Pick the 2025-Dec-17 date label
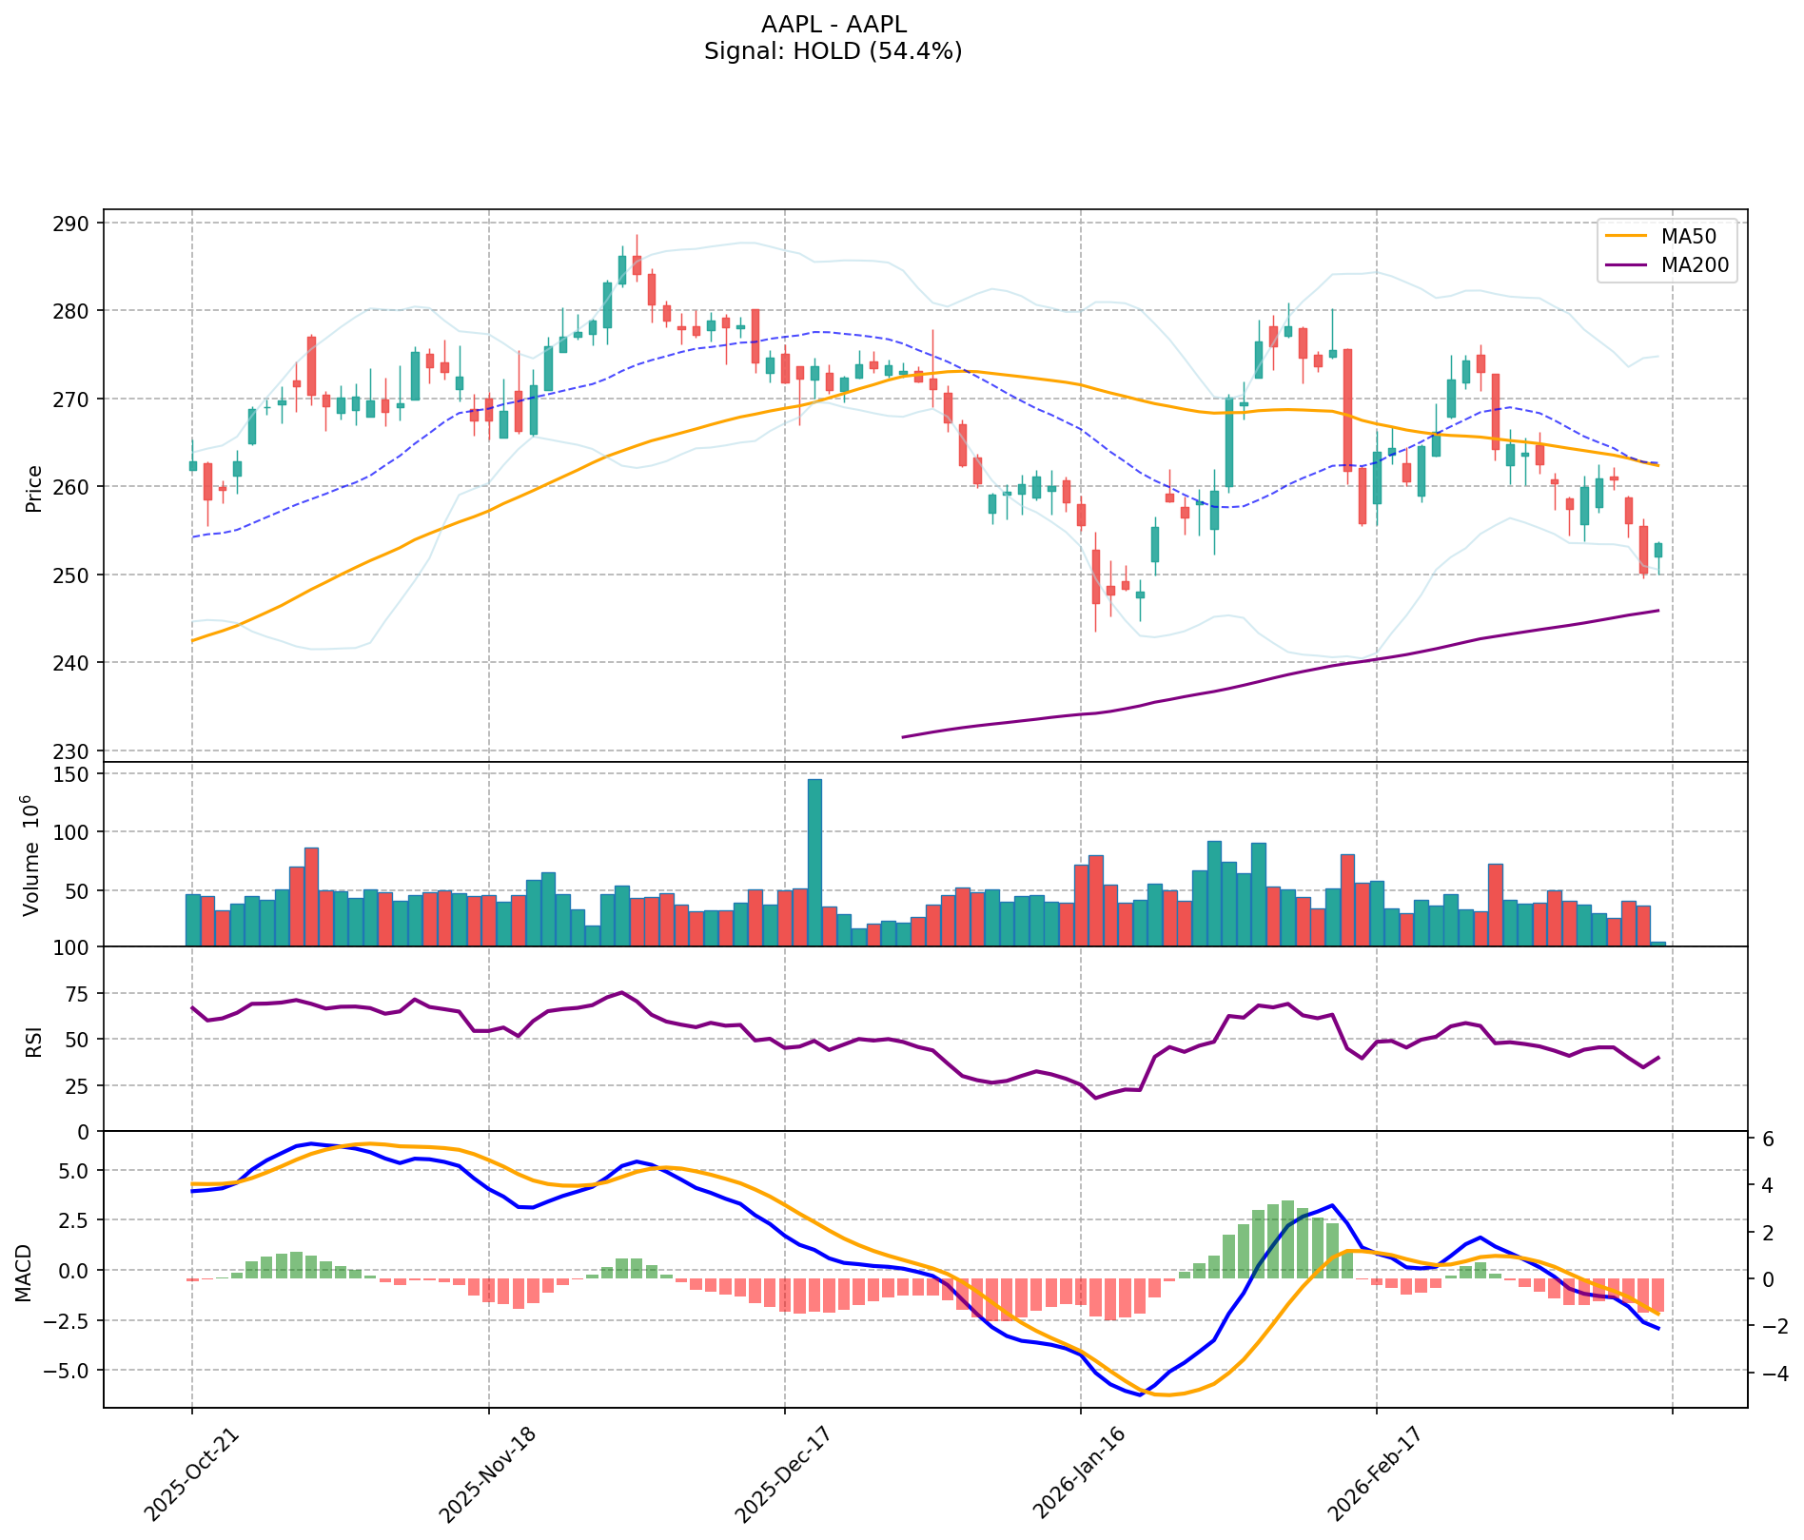tap(781, 1473)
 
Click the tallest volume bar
tap(814, 862)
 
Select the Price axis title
tap(34, 488)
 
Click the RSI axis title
tap(34, 1039)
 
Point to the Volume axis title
tap(34, 854)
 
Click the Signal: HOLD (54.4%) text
tap(833, 51)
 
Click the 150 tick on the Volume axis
tap(77, 774)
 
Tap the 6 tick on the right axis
tap(1766, 1139)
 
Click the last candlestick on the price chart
tap(1658, 550)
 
